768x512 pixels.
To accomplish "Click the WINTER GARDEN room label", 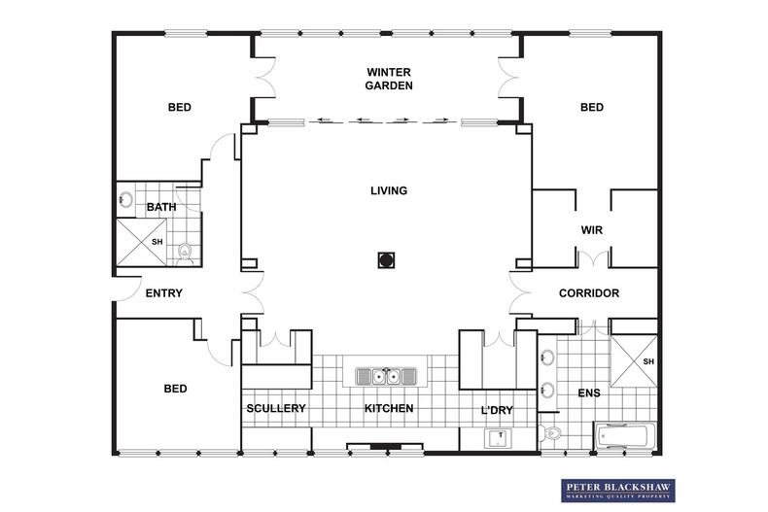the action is [x=389, y=79].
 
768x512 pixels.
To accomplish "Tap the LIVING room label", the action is [x=389, y=190].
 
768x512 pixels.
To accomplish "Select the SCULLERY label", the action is [x=276, y=408].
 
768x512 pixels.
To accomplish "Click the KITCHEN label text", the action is [x=389, y=408].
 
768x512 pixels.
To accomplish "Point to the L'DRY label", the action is [x=497, y=410].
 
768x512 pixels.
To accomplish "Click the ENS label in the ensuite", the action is [x=589, y=393].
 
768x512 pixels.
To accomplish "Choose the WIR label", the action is [x=592, y=230].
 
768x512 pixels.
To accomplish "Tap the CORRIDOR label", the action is [x=589, y=293].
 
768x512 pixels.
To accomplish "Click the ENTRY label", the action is [x=164, y=293].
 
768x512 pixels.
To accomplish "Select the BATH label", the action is [x=161, y=207].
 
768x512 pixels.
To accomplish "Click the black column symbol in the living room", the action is [x=387, y=260].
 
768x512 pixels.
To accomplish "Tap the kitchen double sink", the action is [x=386, y=376].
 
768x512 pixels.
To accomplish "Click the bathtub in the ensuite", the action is [x=625, y=436].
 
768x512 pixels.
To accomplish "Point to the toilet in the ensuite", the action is [x=550, y=433].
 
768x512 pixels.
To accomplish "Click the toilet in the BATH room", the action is [x=185, y=255].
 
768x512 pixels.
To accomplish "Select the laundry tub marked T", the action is [x=498, y=438].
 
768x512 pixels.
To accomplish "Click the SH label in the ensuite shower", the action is [x=648, y=361].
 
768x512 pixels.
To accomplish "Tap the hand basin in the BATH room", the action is [x=125, y=200].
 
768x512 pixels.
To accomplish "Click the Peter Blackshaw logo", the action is [x=618, y=491].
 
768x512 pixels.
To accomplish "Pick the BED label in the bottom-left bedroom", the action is [x=175, y=389].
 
